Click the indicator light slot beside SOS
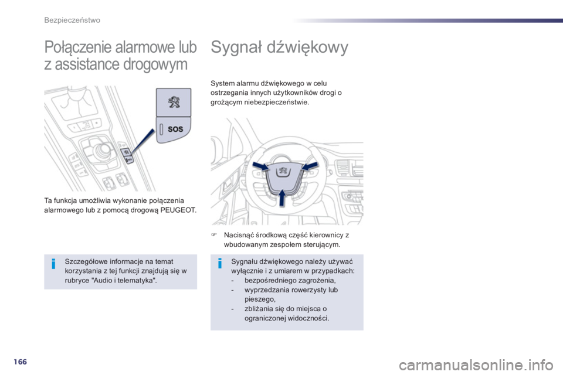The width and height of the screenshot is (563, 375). tap(161, 129)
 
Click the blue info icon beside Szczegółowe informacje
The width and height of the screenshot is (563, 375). tap(53, 265)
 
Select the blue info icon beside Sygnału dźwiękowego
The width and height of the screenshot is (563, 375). tap(219, 264)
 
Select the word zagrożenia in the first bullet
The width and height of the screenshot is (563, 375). tap(316, 280)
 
